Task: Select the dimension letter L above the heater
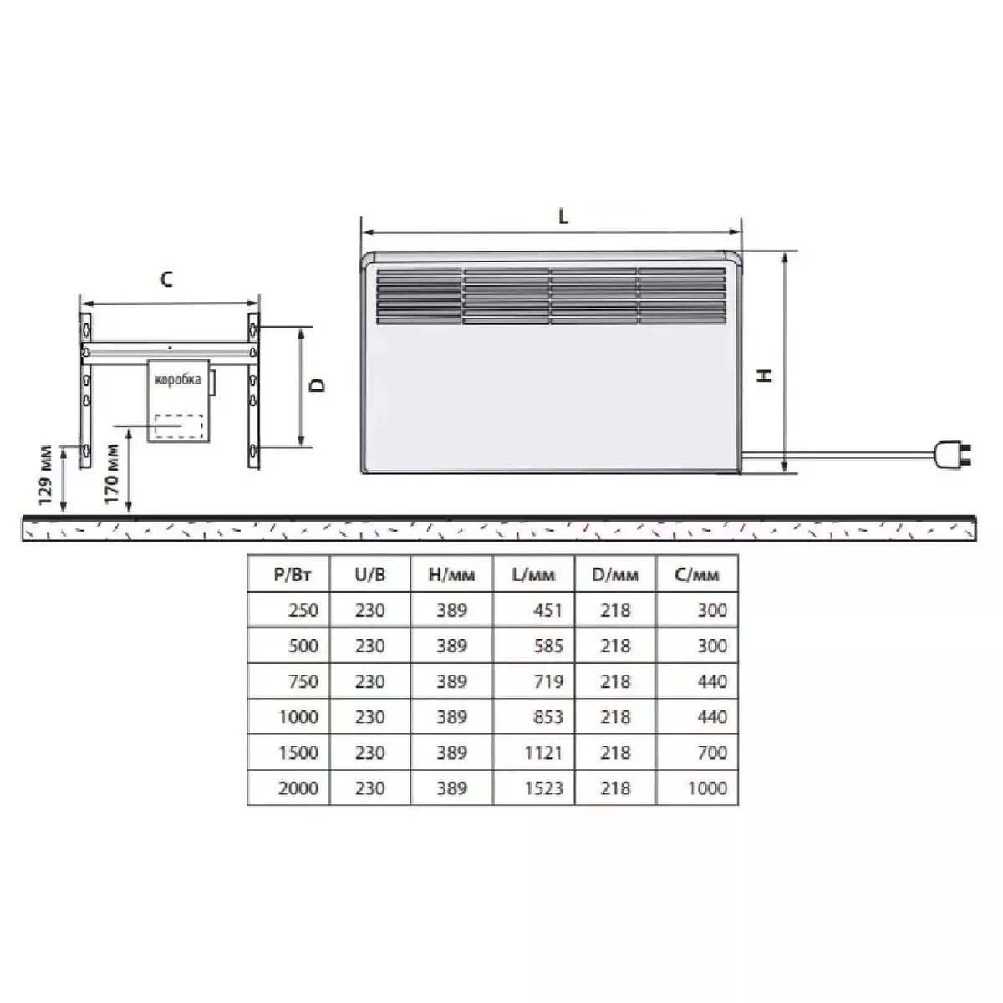point(563,216)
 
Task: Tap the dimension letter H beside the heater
point(765,376)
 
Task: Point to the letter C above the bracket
point(166,279)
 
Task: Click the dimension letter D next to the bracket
point(317,385)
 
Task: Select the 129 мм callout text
point(46,475)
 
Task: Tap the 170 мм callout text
point(112,474)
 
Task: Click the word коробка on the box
point(178,379)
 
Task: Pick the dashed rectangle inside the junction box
point(179,425)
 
